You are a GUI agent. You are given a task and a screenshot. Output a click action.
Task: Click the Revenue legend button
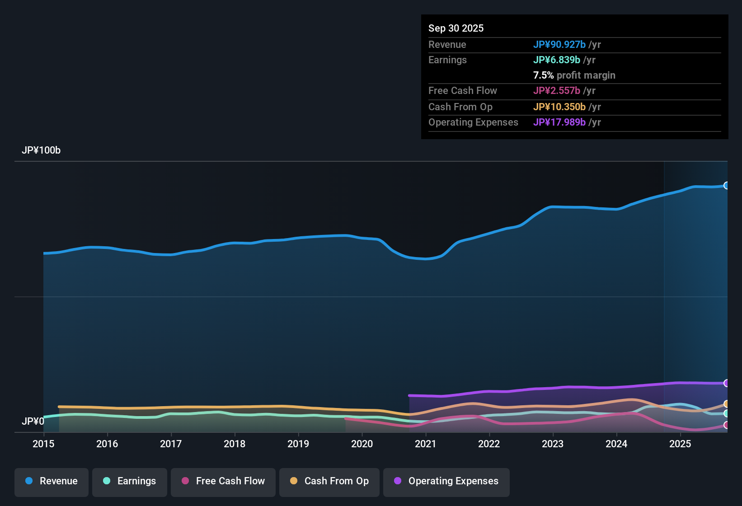[x=52, y=481]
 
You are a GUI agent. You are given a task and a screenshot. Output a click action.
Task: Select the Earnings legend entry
[x=130, y=481]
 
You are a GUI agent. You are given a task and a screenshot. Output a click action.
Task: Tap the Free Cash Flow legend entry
[x=223, y=481]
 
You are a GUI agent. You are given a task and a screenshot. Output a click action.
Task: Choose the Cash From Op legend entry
[x=329, y=481]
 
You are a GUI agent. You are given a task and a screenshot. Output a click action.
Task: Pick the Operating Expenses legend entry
[x=446, y=481]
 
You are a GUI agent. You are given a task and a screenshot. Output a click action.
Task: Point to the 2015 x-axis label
[x=43, y=444]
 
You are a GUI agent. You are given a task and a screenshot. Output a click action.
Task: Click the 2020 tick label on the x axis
[x=362, y=444]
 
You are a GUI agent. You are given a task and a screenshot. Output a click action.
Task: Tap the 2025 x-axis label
[x=680, y=444]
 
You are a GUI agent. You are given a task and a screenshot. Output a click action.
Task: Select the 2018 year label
[x=235, y=444]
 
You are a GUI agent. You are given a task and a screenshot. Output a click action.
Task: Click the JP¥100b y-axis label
[x=41, y=150]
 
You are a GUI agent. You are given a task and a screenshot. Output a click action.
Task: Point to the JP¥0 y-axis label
[x=33, y=421]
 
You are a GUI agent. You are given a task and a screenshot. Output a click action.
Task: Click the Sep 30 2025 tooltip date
[x=456, y=28]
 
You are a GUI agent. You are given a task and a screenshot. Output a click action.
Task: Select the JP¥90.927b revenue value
[x=559, y=44]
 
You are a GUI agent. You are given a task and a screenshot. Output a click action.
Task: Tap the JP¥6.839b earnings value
[x=557, y=60]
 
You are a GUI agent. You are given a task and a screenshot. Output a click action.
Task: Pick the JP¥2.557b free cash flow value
[x=557, y=90]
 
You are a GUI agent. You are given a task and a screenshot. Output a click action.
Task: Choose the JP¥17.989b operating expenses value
[x=559, y=122]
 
